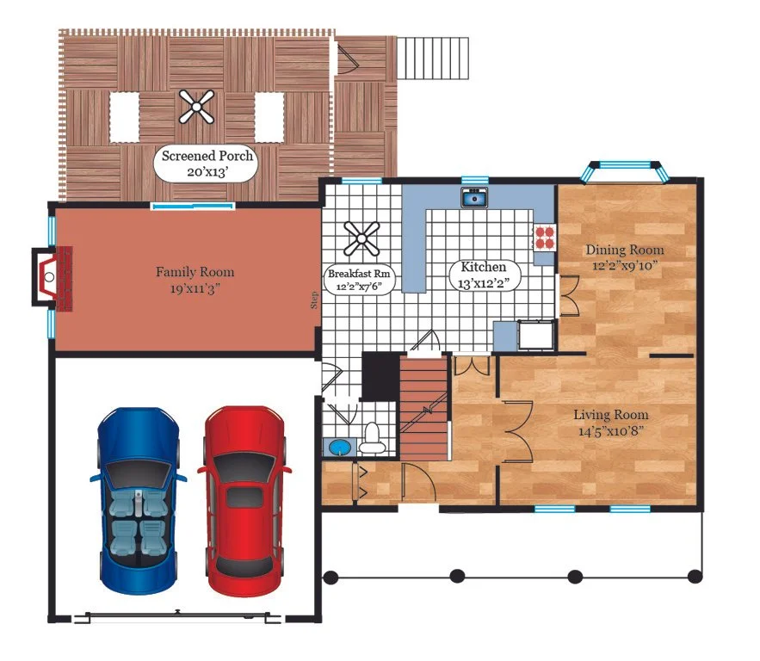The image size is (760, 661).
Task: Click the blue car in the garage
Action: pyautogui.click(x=138, y=501)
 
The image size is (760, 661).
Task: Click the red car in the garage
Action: pyautogui.click(x=244, y=502)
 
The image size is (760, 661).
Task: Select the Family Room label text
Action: pyautogui.click(x=195, y=272)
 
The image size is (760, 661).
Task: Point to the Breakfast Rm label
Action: pyautogui.click(x=359, y=274)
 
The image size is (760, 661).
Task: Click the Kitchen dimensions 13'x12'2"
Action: pyautogui.click(x=483, y=283)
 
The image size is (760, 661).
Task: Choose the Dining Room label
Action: pyautogui.click(x=625, y=250)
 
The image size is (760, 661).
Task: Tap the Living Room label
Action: pyautogui.click(x=611, y=415)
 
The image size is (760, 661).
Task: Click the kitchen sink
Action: pyautogui.click(x=474, y=197)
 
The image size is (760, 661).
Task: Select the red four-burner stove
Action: pyautogui.click(x=545, y=238)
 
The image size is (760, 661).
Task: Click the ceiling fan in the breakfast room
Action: pyautogui.click(x=361, y=238)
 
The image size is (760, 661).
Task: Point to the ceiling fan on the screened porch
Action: pyautogui.click(x=196, y=107)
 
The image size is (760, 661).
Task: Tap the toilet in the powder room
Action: pyautogui.click(x=373, y=438)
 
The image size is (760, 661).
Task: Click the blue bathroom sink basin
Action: pyautogui.click(x=339, y=448)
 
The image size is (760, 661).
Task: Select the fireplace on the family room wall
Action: pyautogui.click(x=53, y=277)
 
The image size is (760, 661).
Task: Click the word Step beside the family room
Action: pyautogui.click(x=314, y=300)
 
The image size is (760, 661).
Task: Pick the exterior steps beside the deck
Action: pyautogui.click(x=433, y=58)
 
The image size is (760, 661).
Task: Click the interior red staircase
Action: pyautogui.click(x=423, y=408)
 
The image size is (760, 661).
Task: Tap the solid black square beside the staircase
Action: pyautogui.click(x=380, y=376)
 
